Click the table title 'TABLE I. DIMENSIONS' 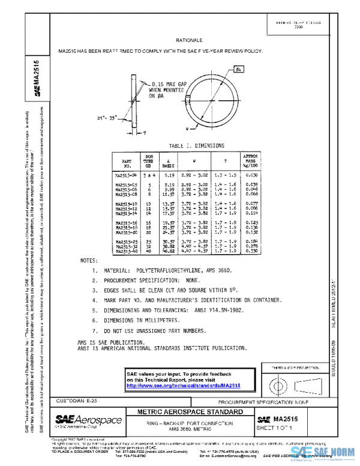(197, 145)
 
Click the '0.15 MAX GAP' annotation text (166, 84)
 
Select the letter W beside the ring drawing (187, 128)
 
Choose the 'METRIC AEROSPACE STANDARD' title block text (190, 412)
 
